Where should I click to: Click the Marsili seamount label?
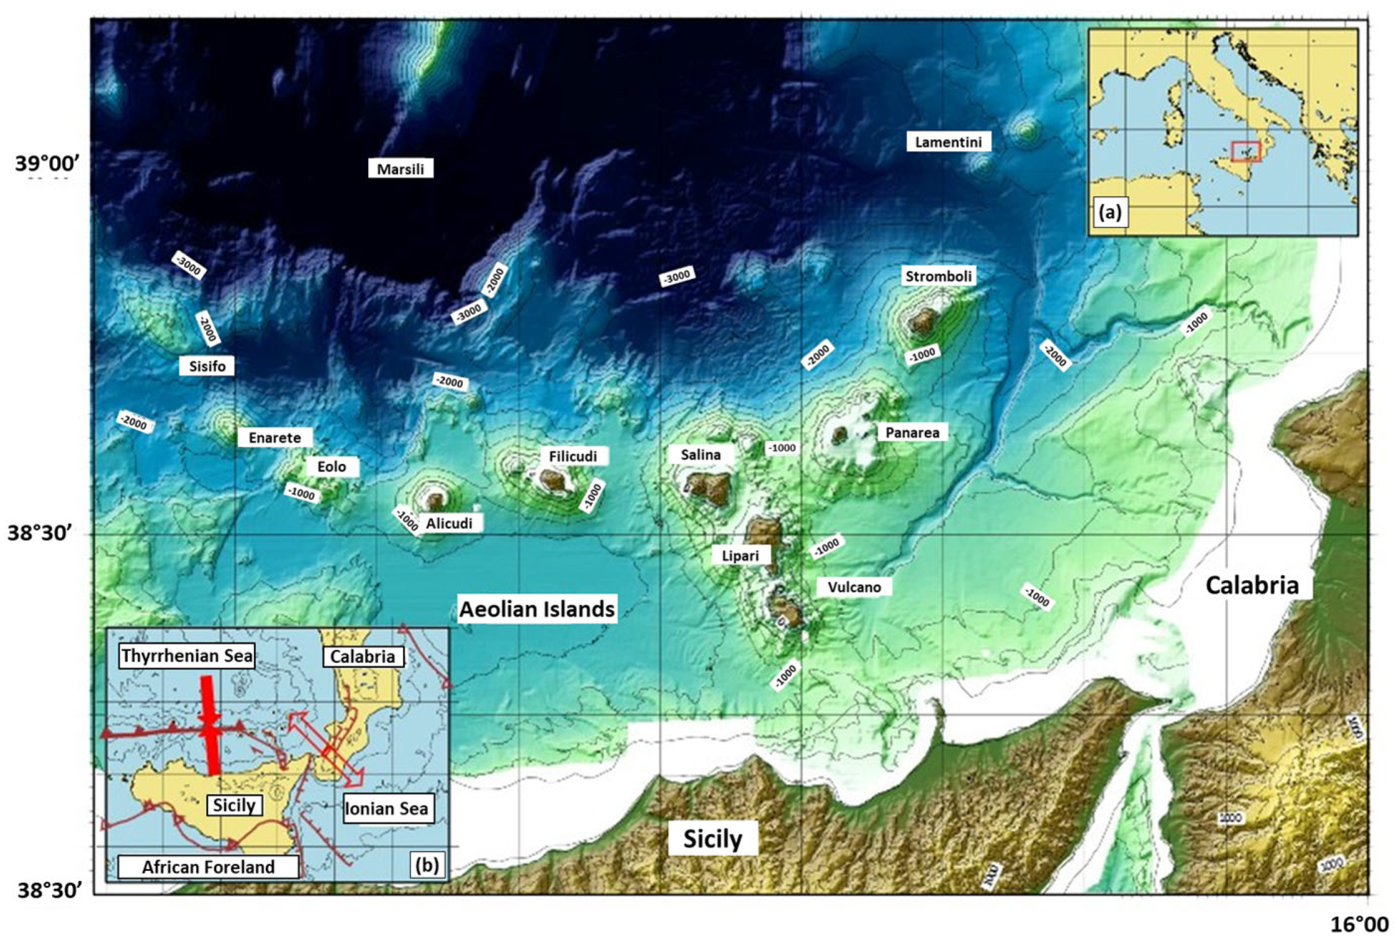click(400, 169)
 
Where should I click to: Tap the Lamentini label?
click(948, 142)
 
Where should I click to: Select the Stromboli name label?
click(938, 276)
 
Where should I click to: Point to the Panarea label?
click(911, 432)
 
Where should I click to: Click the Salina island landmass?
click(708, 486)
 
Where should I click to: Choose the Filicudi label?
click(572, 457)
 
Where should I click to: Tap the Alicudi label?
click(448, 524)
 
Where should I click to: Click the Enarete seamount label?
click(274, 438)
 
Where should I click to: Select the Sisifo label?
click(207, 366)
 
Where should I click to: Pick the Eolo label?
click(332, 467)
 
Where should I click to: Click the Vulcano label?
click(854, 587)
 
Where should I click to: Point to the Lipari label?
click(740, 555)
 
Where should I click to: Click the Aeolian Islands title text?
click(537, 609)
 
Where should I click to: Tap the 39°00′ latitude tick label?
click(48, 164)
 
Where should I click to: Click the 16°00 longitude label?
click(1359, 924)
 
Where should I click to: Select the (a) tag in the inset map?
click(1110, 212)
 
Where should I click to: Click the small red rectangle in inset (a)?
click(1246, 151)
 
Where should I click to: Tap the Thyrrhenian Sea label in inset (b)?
click(187, 656)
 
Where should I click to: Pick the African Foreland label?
click(208, 867)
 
